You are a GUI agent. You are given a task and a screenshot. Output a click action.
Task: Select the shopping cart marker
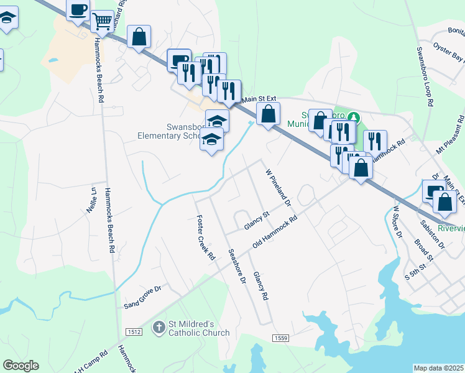(x=102, y=21)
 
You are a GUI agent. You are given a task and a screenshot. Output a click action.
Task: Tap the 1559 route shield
(x=280, y=337)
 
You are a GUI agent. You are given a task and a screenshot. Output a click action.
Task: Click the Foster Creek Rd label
(x=205, y=238)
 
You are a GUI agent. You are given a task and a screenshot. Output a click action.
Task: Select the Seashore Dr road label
(x=237, y=267)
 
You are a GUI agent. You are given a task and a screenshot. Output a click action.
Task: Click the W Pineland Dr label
(x=279, y=187)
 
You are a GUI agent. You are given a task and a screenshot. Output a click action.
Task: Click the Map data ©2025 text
(x=439, y=368)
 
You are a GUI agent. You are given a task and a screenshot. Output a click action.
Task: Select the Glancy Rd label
(x=260, y=286)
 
